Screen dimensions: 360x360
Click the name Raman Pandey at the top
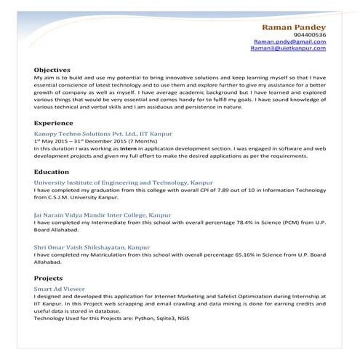(x=295, y=27)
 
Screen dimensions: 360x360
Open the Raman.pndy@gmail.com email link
(x=290, y=43)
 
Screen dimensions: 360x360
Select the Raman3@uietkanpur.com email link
(x=289, y=50)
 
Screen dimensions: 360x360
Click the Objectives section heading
(x=52, y=70)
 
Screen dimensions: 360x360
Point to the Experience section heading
(x=53, y=124)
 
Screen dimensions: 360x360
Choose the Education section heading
(x=52, y=172)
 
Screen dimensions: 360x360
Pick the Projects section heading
(x=49, y=279)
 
